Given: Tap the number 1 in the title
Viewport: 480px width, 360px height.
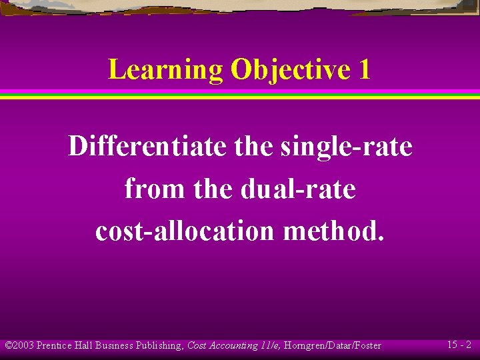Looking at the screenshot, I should (363, 69).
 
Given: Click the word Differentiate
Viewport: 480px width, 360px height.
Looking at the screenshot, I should (147, 146).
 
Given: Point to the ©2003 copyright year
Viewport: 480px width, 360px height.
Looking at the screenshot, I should (19, 345).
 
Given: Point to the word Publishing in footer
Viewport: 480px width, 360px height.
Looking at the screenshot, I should (160, 345).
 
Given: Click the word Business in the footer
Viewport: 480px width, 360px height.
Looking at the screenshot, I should (115, 345).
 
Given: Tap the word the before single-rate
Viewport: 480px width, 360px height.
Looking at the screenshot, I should (253, 146).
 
